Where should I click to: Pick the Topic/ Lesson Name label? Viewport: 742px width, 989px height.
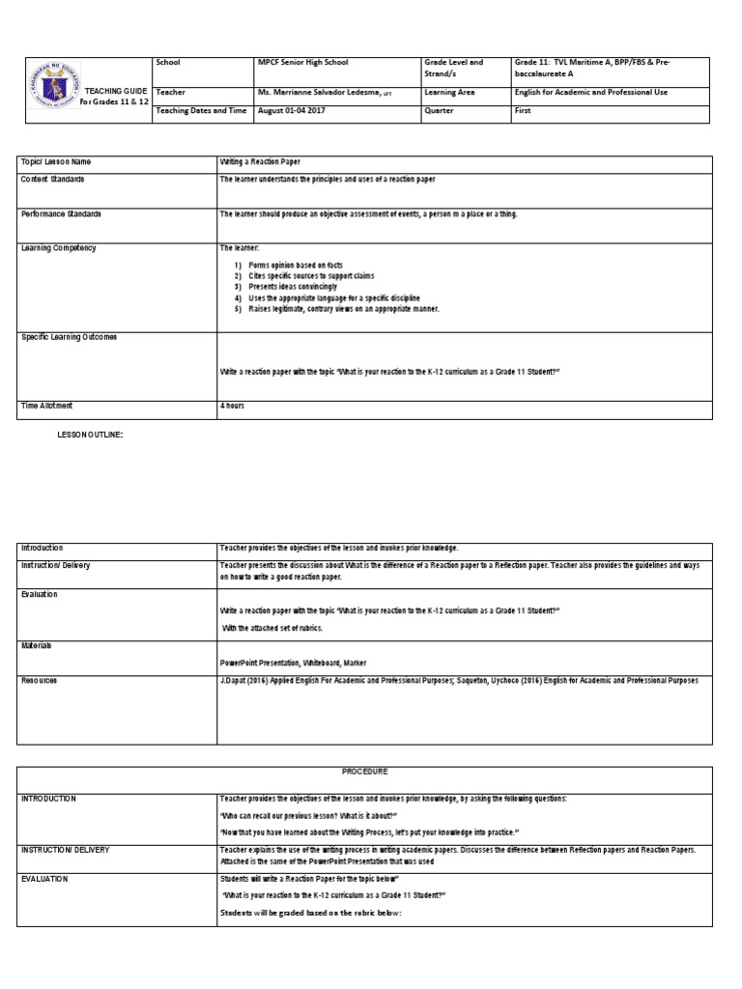coord(56,162)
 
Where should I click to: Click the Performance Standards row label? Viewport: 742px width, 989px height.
coord(61,213)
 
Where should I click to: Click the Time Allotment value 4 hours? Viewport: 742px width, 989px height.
coord(233,406)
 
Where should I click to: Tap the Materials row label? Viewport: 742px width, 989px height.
coord(37,645)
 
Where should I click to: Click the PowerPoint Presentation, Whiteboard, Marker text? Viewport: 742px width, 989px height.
coord(294,663)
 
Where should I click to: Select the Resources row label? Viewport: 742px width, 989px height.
coord(39,681)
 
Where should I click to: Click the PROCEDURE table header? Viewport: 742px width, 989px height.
coord(363,772)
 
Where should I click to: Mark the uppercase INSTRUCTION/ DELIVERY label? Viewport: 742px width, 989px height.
coord(65,850)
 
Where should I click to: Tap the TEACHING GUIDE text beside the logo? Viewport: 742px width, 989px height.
coord(116,90)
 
